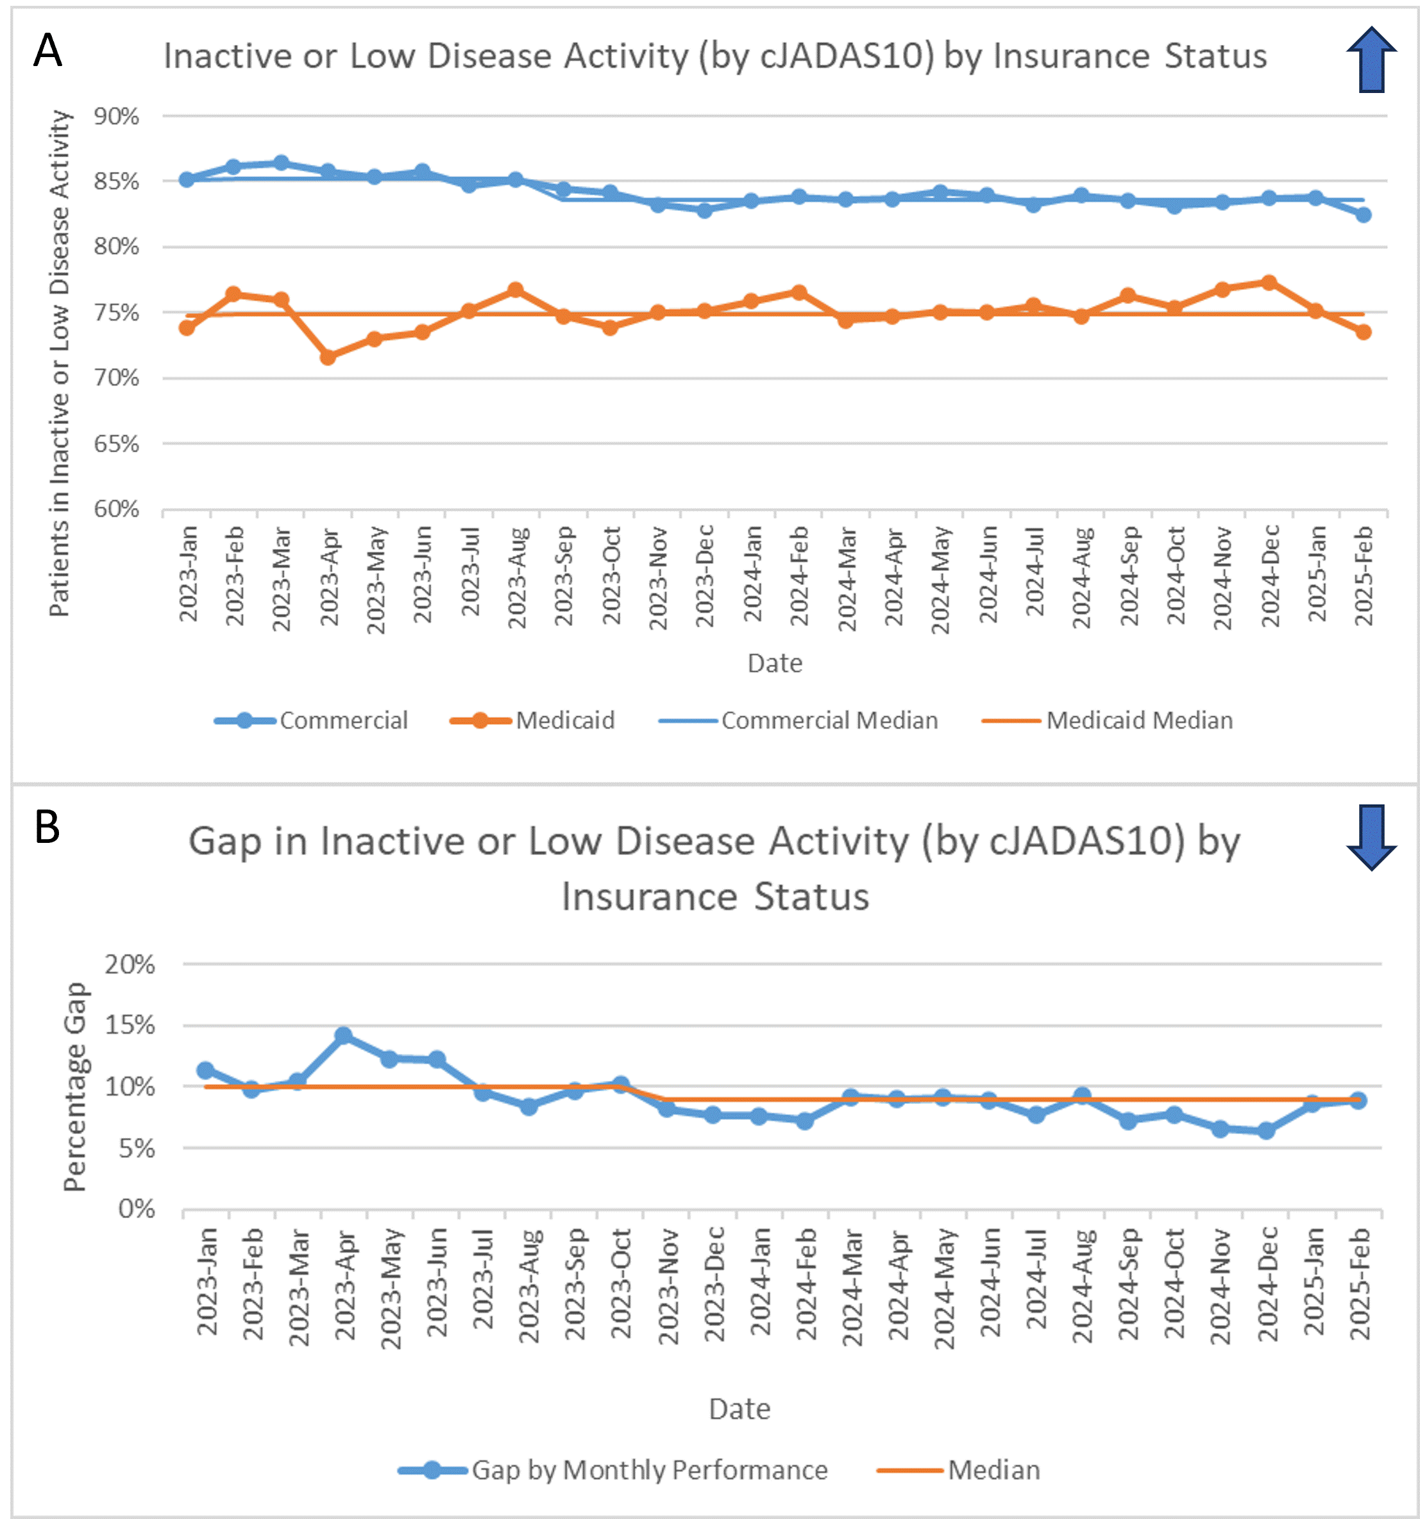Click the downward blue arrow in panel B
point(1372,836)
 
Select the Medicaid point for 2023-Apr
point(328,357)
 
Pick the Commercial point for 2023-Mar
point(281,163)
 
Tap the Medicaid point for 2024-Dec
point(1269,283)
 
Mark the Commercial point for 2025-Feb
point(1364,215)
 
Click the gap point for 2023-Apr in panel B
point(344,1035)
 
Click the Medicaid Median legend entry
point(1108,720)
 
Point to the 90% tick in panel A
point(116,116)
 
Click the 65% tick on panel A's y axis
point(116,443)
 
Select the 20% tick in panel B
point(130,964)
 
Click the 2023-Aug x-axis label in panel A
point(517,577)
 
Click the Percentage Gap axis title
point(76,1087)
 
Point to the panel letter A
point(47,51)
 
